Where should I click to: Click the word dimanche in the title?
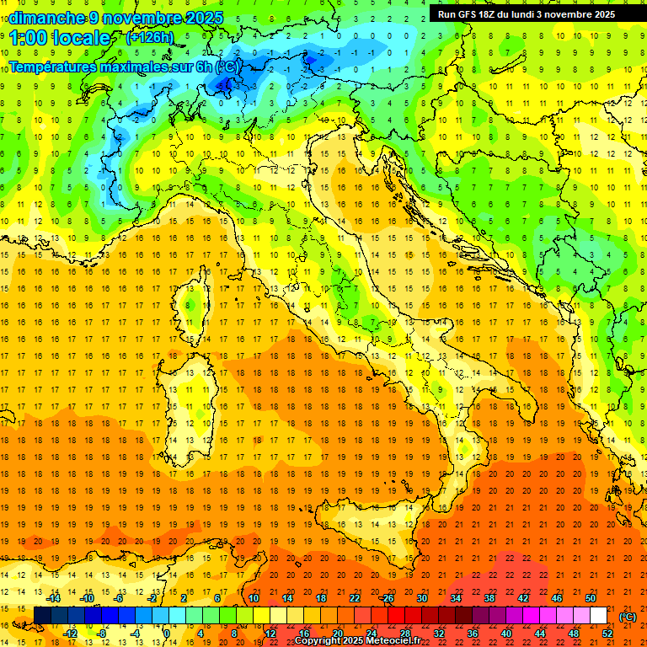[x=45, y=18]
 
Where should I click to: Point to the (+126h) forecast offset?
[x=150, y=38]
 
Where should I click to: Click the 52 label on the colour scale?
[x=607, y=634]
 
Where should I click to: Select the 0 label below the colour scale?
[x=167, y=634]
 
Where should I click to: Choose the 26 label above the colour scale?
[x=387, y=598]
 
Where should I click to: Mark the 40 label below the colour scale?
[x=506, y=634]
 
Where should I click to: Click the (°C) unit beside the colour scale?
[x=628, y=617]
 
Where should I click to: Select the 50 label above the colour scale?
[x=591, y=598]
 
